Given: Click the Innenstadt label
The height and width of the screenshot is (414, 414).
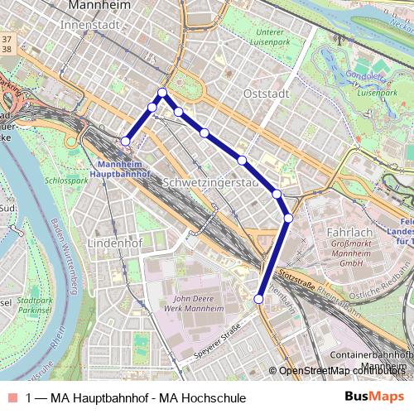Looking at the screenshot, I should (91, 26).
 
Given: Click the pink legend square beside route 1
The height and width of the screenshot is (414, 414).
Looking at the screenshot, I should (12, 398).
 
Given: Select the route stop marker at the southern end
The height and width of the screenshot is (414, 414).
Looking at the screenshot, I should (259, 299).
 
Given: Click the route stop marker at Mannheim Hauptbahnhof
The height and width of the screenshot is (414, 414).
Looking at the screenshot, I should (126, 142).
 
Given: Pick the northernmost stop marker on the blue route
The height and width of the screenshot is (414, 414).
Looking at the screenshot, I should (163, 93).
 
